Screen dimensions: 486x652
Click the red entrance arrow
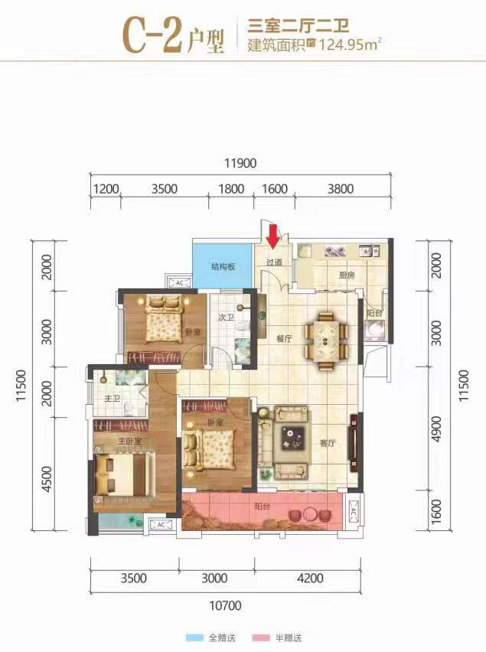point(272,236)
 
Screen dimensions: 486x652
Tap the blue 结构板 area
point(223,266)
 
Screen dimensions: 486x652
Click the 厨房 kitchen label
point(347,275)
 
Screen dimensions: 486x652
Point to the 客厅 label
point(328,443)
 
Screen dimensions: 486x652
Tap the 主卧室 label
point(129,441)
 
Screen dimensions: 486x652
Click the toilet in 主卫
point(129,409)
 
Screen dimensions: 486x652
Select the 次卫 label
point(227,318)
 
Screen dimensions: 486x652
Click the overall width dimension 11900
point(240,163)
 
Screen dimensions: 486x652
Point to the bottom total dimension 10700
point(225,605)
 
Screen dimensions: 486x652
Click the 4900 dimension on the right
point(436,429)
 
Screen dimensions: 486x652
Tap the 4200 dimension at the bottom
point(310,578)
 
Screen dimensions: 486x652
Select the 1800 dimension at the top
point(231,189)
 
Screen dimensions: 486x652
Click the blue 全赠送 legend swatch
point(194,637)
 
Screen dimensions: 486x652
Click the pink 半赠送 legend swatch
point(261,637)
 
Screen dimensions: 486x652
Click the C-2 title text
point(152,35)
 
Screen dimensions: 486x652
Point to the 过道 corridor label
point(274,262)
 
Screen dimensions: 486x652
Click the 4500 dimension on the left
point(47,479)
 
